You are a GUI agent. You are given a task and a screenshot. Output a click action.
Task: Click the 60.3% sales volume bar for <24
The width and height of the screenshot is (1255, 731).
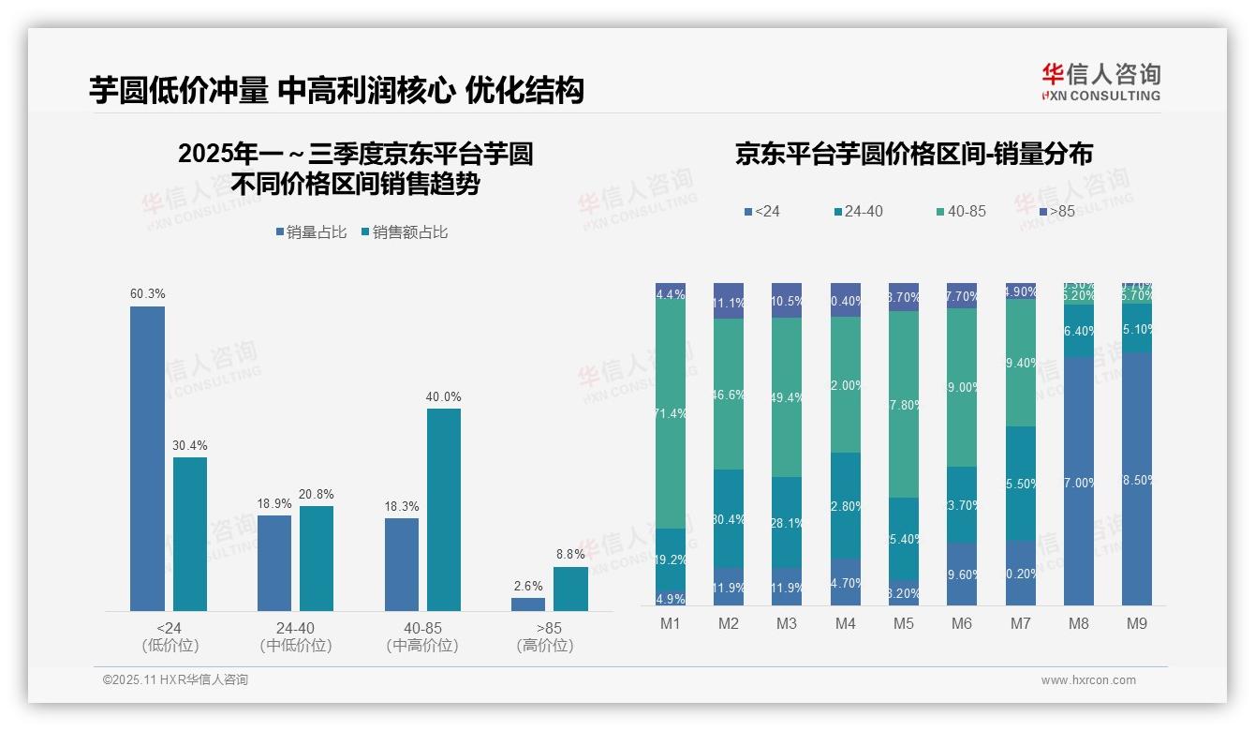pyautogui.click(x=147, y=458)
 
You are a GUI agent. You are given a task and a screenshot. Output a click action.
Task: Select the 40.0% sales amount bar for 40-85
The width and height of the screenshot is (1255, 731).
pyautogui.click(x=444, y=510)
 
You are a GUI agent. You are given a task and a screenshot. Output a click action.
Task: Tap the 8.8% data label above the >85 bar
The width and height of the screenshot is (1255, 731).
pyautogui.click(x=570, y=555)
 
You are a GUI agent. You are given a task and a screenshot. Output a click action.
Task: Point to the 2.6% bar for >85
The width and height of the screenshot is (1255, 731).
pyautogui.click(x=528, y=604)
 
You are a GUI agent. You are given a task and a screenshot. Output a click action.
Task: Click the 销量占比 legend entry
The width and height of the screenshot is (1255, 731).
pyautogui.click(x=312, y=232)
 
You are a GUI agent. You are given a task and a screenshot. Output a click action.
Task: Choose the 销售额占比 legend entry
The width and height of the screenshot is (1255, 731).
pyautogui.click(x=405, y=232)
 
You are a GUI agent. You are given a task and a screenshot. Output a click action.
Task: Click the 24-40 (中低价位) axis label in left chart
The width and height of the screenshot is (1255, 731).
pyautogui.click(x=296, y=636)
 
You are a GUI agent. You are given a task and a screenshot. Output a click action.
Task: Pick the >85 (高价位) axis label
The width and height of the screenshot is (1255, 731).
pyautogui.click(x=545, y=636)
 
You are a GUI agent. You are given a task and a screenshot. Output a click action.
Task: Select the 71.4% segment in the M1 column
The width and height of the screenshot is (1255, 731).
pyautogui.click(x=671, y=413)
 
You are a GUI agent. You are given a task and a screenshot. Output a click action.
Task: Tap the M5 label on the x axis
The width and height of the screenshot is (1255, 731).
pyautogui.click(x=903, y=623)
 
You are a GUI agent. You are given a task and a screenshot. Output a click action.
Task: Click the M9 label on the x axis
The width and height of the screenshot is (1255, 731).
pyautogui.click(x=1135, y=623)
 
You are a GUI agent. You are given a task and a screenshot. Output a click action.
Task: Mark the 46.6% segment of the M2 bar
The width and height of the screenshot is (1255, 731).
pyautogui.click(x=729, y=395)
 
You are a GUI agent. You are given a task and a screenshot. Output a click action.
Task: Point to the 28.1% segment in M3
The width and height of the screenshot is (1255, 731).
pyautogui.click(x=787, y=522)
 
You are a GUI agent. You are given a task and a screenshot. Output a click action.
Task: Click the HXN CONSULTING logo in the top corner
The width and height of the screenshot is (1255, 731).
pyautogui.click(x=1100, y=82)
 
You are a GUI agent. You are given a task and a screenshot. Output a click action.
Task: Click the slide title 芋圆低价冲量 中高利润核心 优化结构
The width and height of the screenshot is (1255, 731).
pyautogui.click(x=336, y=90)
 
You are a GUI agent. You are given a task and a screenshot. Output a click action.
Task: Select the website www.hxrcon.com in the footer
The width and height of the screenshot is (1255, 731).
pyautogui.click(x=1088, y=680)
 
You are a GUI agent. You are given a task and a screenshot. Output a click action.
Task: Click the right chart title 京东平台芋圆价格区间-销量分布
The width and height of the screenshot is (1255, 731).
pyautogui.click(x=913, y=154)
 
